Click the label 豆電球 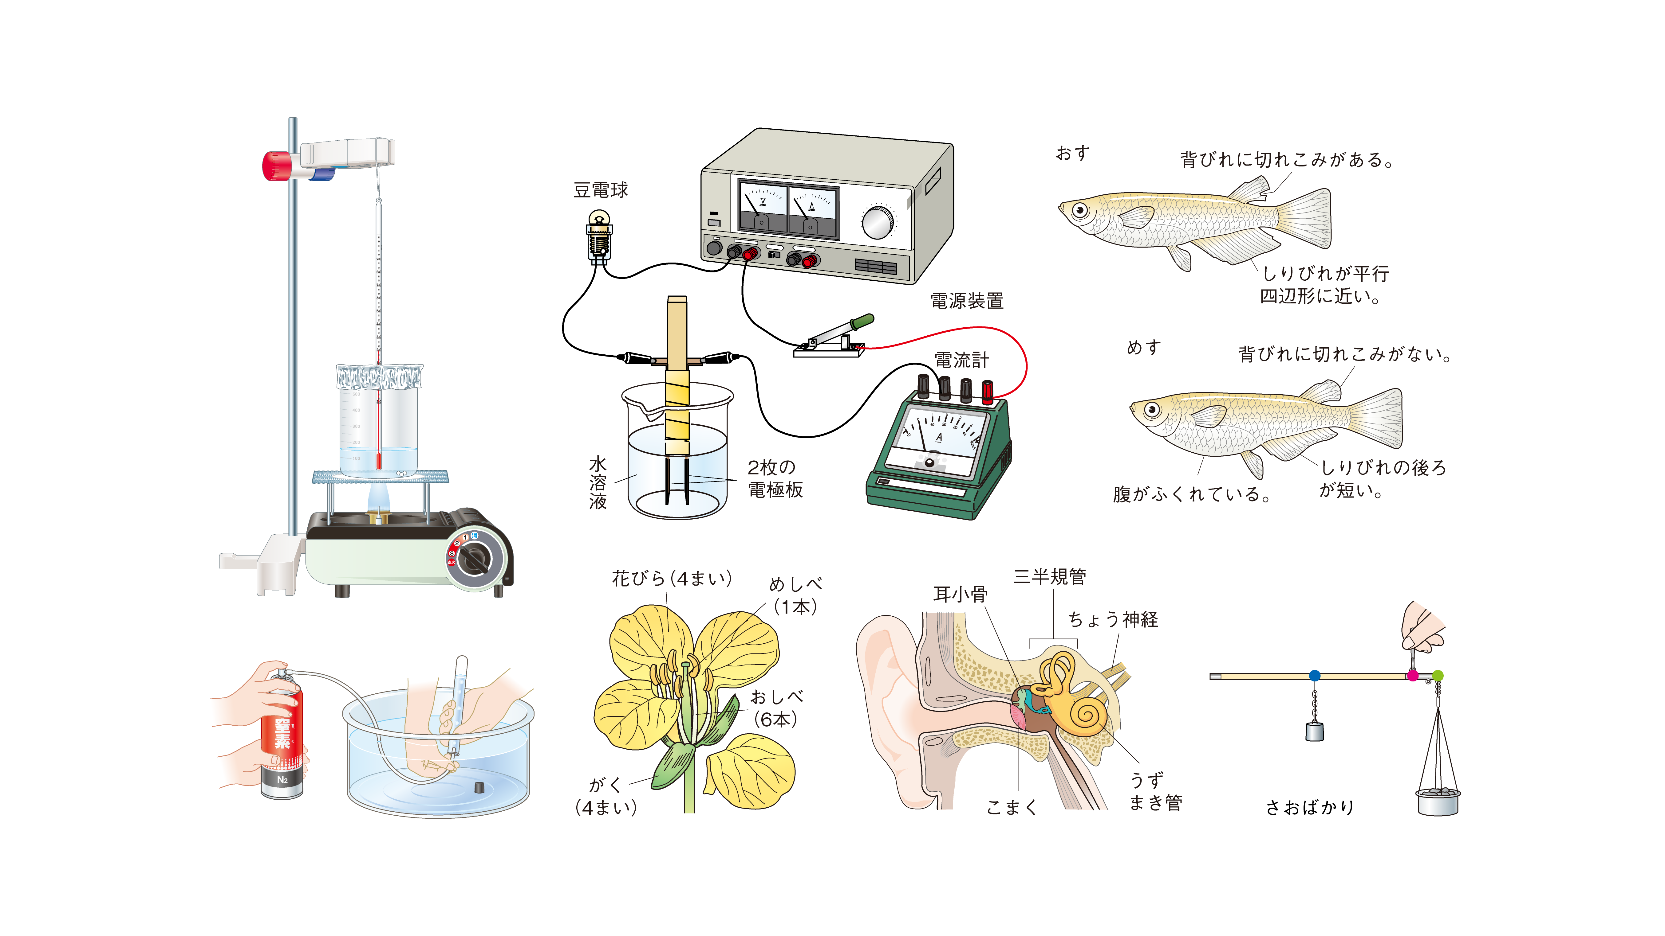(601, 190)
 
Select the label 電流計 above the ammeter (961, 360)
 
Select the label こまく (1012, 807)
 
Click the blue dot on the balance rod (1314, 676)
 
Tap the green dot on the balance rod (1438, 676)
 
